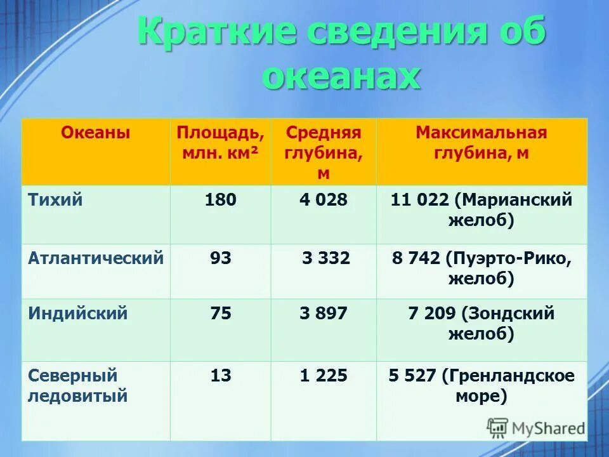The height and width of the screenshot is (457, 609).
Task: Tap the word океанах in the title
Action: (x=341, y=76)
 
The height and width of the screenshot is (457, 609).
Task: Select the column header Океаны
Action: (x=96, y=133)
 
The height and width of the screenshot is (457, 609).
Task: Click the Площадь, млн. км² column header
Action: (x=220, y=143)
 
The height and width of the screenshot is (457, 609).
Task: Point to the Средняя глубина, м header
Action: (x=324, y=153)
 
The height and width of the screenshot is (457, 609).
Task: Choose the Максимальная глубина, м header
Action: (x=481, y=143)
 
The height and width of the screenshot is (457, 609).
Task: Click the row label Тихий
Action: (x=56, y=200)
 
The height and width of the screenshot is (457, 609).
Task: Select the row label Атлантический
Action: (x=96, y=258)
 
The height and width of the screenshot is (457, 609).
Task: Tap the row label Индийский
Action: (x=78, y=313)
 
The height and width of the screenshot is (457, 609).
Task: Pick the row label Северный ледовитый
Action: (x=78, y=386)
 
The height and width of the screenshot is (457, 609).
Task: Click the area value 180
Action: (x=220, y=200)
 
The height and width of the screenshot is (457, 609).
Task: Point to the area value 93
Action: (x=221, y=258)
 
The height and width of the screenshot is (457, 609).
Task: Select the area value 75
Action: (x=221, y=313)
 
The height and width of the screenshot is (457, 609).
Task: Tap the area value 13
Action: (x=221, y=376)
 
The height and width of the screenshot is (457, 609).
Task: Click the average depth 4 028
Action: (x=324, y=200)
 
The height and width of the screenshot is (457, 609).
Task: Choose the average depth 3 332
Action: (x=326, y=258)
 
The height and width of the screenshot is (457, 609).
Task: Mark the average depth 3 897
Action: (x=324, y=313)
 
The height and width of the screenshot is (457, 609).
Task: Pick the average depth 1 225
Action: (x=324, y=376)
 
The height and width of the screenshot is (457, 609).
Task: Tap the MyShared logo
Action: (x=536, y=427)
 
